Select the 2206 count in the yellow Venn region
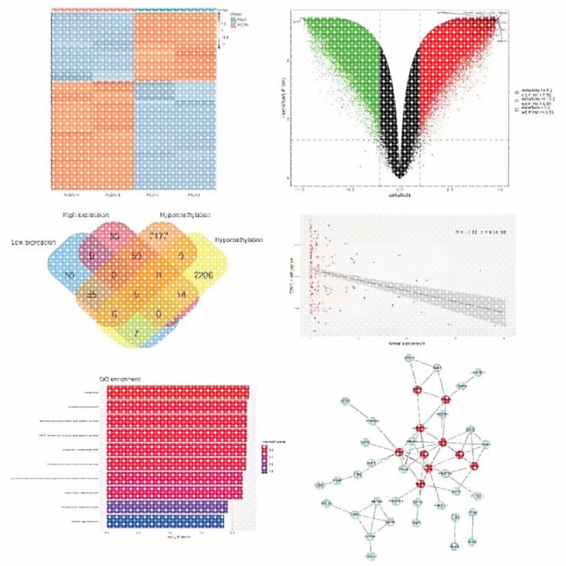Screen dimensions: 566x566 [203, 275]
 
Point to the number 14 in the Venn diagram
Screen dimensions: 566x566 [181, 294]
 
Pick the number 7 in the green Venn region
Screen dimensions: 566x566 [136, 333]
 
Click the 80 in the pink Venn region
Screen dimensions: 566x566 [114, 235]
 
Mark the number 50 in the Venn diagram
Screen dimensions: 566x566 [136, 256]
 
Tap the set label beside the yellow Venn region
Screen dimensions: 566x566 [239, 240]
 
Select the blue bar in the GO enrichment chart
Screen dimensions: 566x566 [165, 522]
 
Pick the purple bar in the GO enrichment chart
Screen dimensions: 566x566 [167, 507]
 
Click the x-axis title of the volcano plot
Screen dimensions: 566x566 [400, 195]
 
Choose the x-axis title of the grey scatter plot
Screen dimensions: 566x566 [407, 343]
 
